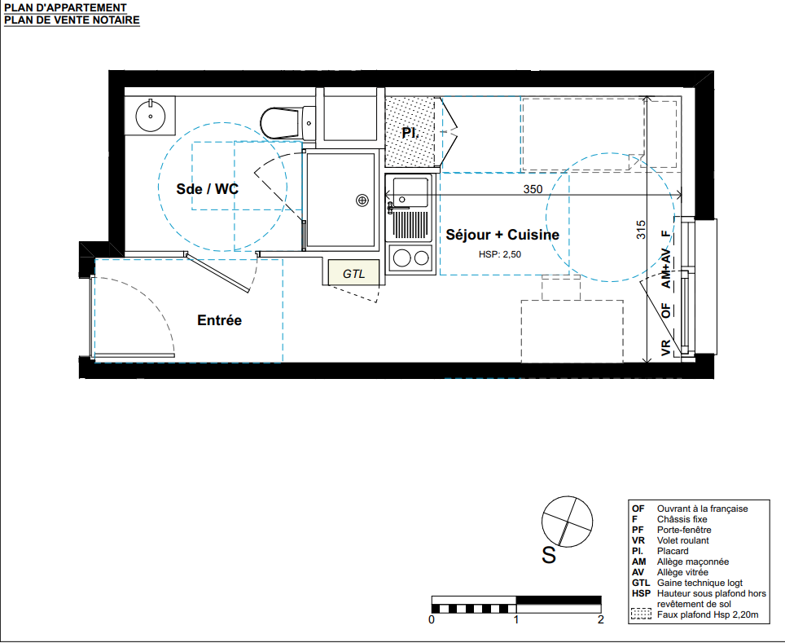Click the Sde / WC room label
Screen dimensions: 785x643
pyautogui.click(x=208, y=189)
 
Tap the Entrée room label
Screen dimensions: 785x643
pyautogui.click(x=219, y=320)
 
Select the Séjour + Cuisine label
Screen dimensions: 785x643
pyautogui.click(x=502, y=235)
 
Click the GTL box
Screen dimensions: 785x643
pyautogui.click(x=353, y=273)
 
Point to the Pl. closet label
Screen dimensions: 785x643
pyautogui.click(x=410, y=134)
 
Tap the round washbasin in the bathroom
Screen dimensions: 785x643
pyautogui.click(x=150, y=117)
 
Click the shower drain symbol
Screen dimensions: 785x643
pyautogui.click(x=362, y=200)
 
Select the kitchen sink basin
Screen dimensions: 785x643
pyautogui.click(x=410, y=192)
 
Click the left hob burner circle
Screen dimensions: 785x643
pyautogui.click(x=401, y=258)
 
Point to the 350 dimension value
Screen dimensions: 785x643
pyautogui.click(x=533, y=189)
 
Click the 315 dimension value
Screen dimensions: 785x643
pyautogui.click(x=641, y=230)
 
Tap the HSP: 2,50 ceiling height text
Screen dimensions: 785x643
pyautogui.click(x=500, y=254)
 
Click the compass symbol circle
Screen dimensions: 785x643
pyautogui.click(x=568, y=522)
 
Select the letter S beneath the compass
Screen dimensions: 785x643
pyautogui.click(x=549, y=555)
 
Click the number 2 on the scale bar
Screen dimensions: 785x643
pyautogui.click(x=601, y=620)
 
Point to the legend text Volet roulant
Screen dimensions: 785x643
pyautogui.click(x=683, y=540)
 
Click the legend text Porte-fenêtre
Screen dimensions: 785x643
pyautogui.click(x=684, y=530)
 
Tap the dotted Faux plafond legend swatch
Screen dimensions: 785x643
pyautogui.click(x=642, y=614)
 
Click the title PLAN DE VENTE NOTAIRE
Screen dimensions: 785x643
pyautogui.click(x=72, y=20)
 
